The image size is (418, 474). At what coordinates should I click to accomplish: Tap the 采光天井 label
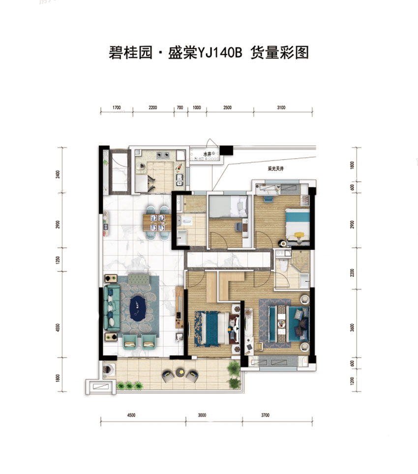276,169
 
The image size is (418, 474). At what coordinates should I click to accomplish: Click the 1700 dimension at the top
116,107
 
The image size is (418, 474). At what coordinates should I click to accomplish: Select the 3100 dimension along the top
280,107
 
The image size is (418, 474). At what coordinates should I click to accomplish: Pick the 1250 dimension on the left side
58,260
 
